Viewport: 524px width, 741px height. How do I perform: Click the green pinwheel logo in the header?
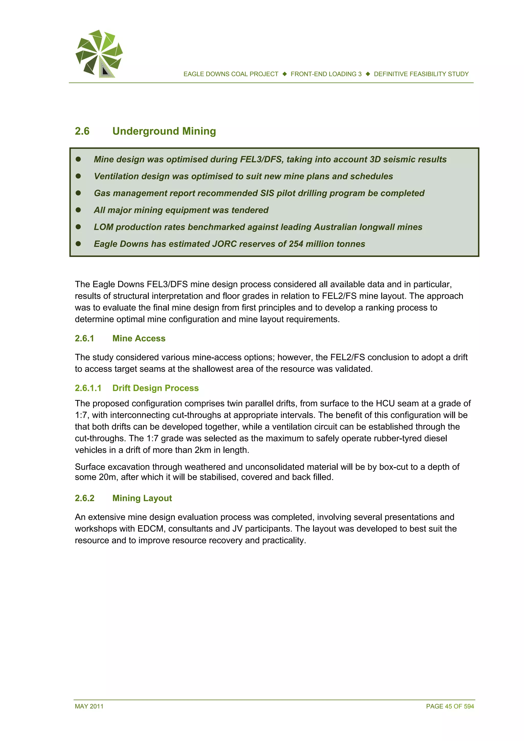tap(99, 53)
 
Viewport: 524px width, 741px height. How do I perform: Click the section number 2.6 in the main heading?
tap(82, 131)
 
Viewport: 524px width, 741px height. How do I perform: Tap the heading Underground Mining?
tap(164, 131)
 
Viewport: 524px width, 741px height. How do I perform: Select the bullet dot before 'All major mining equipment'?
tap(78, 210)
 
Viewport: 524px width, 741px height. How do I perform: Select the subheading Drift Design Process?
tap(155, 388)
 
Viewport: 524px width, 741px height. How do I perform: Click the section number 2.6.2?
tap(85, 498)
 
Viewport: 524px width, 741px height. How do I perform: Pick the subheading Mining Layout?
tap(142, 498)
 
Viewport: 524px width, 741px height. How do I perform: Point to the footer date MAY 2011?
tap(89, 706)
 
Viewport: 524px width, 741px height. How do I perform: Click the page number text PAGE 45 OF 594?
tap(450, 706)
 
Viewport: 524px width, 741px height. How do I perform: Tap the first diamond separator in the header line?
tap(285, 74)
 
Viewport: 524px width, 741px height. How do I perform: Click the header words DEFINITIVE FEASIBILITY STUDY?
tap(421, 74)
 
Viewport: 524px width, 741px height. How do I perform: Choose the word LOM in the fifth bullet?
tap(103, 227)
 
